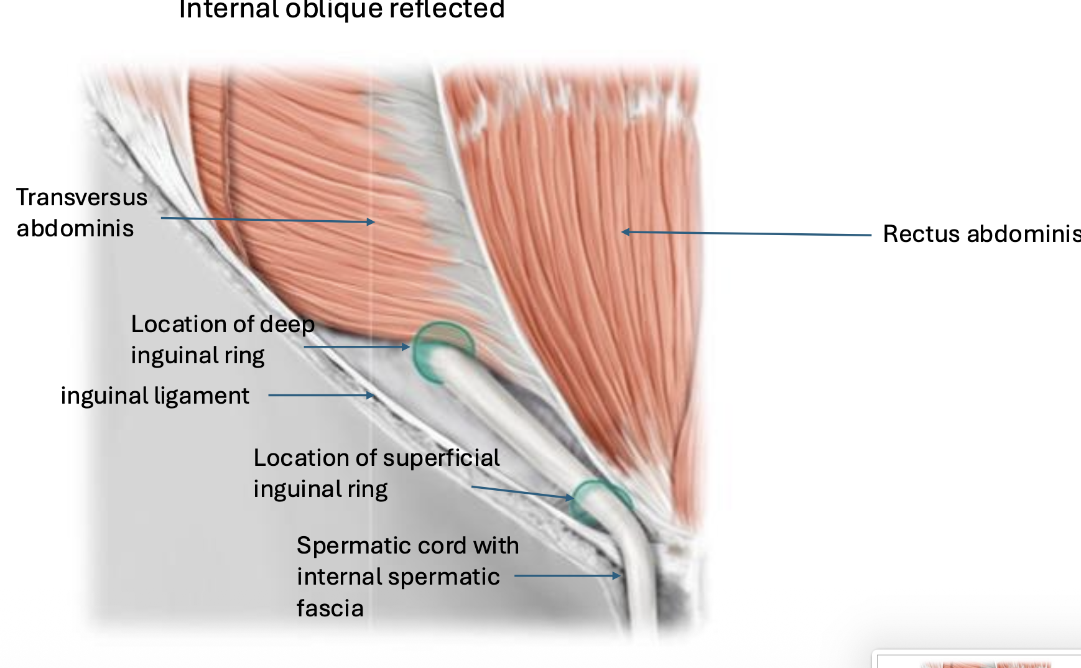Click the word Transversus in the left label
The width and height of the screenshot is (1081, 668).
coord(81,197)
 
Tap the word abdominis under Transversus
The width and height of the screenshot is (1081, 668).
coord(75,228)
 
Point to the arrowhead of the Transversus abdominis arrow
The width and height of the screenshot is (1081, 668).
coord(371,221)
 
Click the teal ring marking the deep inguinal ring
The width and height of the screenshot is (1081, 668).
coord(442,351)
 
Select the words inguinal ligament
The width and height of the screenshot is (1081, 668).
coord(155,396)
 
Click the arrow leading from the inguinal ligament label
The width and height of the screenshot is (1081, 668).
coord(320,395)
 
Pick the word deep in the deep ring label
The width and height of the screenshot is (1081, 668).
coord(287,325)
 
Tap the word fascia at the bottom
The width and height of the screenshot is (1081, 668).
coord(330,608)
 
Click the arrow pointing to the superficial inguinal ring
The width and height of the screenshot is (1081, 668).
coord(522,493)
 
